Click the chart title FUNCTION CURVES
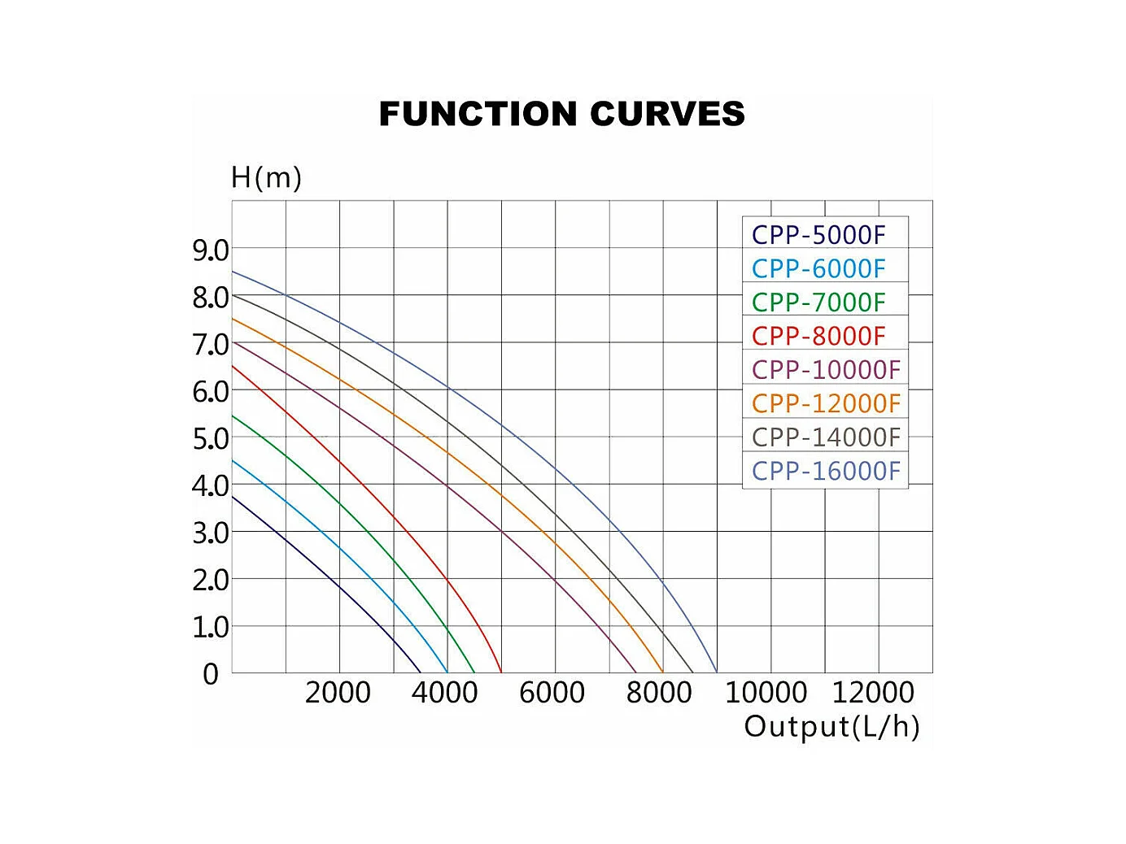pyautogui.click(x=562, y=114)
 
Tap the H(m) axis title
pyautogui.click(x=266, y=177)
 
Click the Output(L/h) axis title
pyautogui.click(x=831, y=726)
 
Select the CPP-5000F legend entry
pyautogui.click(x=818, y=235)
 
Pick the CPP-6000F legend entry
pyautogui.click(x=818, y=268)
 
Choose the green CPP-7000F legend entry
pyautogui.click(x=818, y=302)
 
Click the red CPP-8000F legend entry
pyautogui.click(x=818, y=336)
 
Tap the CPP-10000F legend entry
pyautogui.click(x=826, y=370)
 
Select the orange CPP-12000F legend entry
pyautogui.click(x=826, y=403)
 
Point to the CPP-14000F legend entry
pyautogui.click(x=826, y=437)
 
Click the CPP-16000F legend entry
pyautogui.click(x=826, y=471)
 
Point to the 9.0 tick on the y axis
pyautogui.click(x=210, y=250)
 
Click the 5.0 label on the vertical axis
pyautogui.click(x=210, y=439)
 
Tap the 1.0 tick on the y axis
pyautogui.click(x=210, y=627)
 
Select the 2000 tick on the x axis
pyautogui.click(x=338, y=693)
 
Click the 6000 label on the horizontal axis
pyautogui.click(x=552, y=693)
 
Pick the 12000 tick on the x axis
pyautogui.click(x=873, y=693)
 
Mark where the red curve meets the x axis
pyautogui.click(x=501, y=672)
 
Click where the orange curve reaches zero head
pyautogui.click(x=663, y=672)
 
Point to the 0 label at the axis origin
pyautogui.click(x=211, y=674)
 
